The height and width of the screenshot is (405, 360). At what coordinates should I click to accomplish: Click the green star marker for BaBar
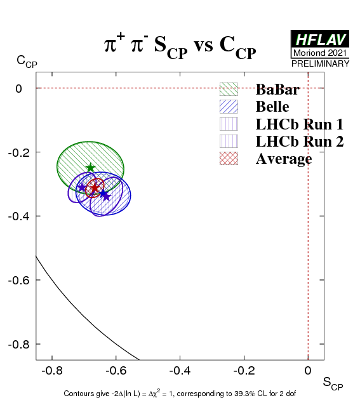pos(90,168)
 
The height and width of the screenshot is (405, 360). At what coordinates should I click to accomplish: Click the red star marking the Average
pos(95,188)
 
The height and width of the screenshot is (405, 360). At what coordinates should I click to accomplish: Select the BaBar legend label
pos(277,90)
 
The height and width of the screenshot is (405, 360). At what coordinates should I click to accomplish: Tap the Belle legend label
pos(272,107)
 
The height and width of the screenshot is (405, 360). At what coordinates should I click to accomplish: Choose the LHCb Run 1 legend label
pos(300,124)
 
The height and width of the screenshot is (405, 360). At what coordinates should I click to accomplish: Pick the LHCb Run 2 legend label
pos(300,142)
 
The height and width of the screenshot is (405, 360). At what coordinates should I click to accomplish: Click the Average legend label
pos(284,159)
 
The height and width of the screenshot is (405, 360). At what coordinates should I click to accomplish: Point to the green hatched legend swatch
pos(229,90)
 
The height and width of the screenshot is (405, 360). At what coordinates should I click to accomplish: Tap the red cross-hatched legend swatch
pos(229,158)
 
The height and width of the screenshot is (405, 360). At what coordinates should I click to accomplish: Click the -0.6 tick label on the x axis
pos(116,371)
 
